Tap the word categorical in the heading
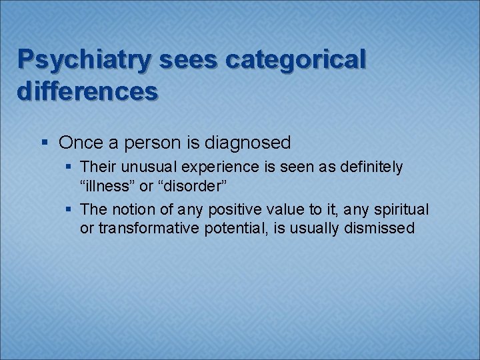(x=296, y=60)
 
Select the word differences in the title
(x=87, y=91)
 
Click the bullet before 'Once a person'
(x=44, y=143)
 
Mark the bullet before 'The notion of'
(x=70, y=210)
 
